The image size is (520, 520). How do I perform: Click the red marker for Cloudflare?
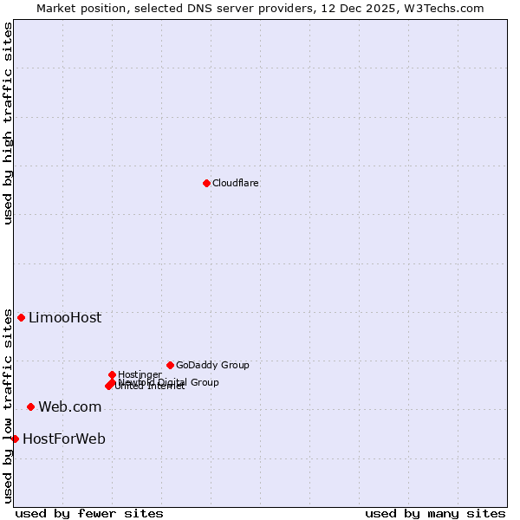pyautogui.click(x=206, y=183)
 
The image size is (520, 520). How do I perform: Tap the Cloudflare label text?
pyautogui.click(x=236, y=183)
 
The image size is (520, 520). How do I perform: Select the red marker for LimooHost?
pyautogui.click(x=21, y=317)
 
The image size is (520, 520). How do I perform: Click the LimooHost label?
pyautogui.click(x=65, y=318)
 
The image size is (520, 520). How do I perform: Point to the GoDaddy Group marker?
pyautogui.click(x=170, y=365)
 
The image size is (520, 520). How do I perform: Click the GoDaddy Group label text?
pyautogui.click(x=212, y=365)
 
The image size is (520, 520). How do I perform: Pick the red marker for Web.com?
pyautogui.click(x=30, y=406)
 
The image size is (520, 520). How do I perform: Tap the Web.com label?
pyautogui.click(x=69, y=407)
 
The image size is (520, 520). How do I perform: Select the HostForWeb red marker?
pyautogui.click(x=15, y=439)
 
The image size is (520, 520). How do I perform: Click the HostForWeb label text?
pyautogui.click(x=64, y=439)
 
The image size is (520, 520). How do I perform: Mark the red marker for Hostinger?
pyautogui.click(x=112, y=374)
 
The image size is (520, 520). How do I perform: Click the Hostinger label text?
pyautogui.click(x=140, y=374)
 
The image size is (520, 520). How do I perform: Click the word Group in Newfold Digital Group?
pyautogui.click(x=205, y=382)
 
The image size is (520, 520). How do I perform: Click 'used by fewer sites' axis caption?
pyautogui.click(x=89, y=513)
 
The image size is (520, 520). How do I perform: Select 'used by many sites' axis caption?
pyautogui.click(x=435, y=513)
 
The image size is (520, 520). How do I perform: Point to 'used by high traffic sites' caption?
pyautogui.click(x=8, y=123)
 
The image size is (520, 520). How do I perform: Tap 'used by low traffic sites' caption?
pyautogui.click(x=8, y=406)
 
